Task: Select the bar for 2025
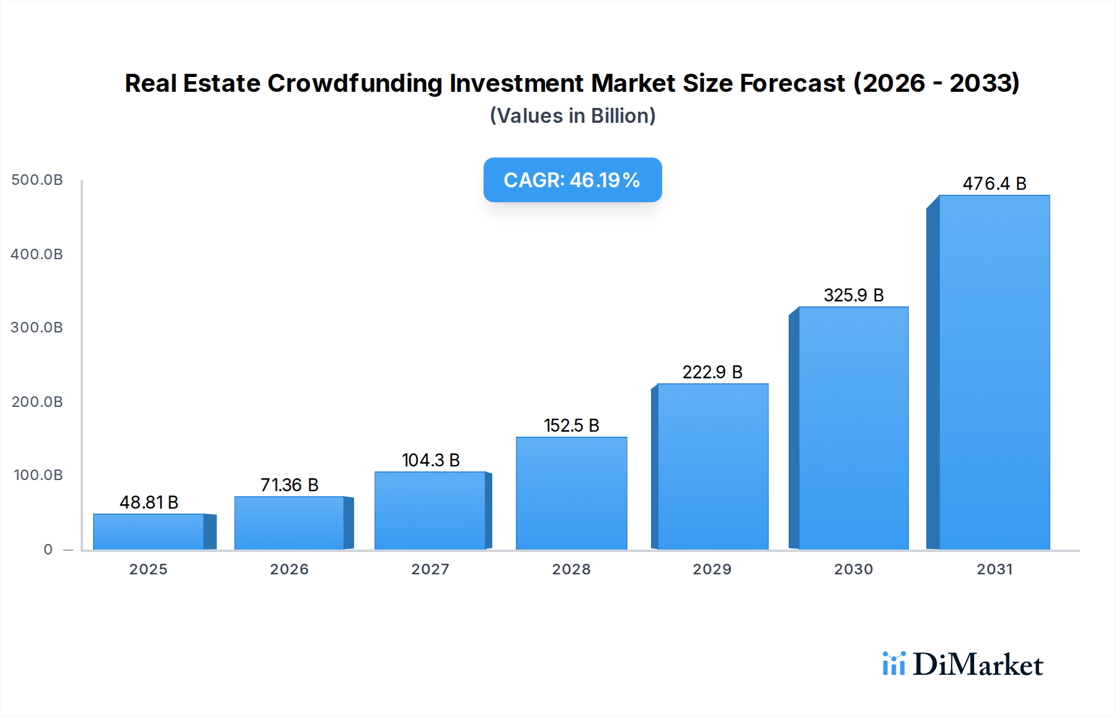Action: (x=149, y=532)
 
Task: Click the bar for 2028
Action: (x=571, y=493)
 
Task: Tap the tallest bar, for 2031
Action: (x=994, y=372)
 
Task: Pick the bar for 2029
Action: (x=712, y=466)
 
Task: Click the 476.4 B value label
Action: (x=994, y=184)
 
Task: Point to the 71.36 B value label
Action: (x=289, y=485)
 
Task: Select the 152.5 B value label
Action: (x=571, y=425)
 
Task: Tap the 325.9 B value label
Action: (x=853, y=295)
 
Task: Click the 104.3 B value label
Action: (x=430, y=460)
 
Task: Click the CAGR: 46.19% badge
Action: (x=572, y=180)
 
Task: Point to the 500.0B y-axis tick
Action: (x=37, y=180)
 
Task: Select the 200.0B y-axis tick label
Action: (x=37, y=402)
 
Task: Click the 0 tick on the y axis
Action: (x=48, y=550)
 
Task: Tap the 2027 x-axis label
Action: (x=430, y=569)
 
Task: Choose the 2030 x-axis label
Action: (x=853, y=569)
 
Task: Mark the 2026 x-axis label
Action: (x=289, y=569)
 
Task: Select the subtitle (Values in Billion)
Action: (x=572, y=116)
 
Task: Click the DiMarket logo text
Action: (x=978, y=664)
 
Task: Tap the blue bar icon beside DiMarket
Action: (x=893, y=664)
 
